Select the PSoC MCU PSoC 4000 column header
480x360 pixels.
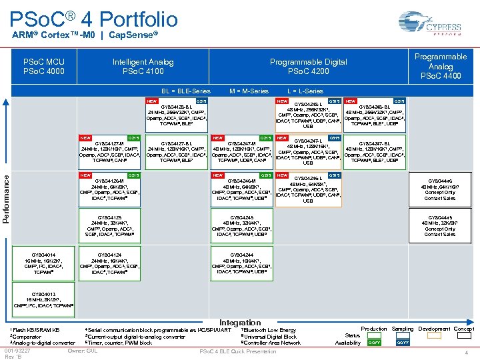[44, 67]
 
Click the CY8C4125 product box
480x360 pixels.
[109, 225]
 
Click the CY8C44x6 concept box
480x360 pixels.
[440, 189]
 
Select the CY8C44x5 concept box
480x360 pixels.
[440, 225]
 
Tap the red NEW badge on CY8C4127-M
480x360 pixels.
[86, 137]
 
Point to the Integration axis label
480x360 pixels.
[240, 323]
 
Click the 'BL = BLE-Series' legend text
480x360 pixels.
[186, 91]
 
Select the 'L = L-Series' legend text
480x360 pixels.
[305, 91]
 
